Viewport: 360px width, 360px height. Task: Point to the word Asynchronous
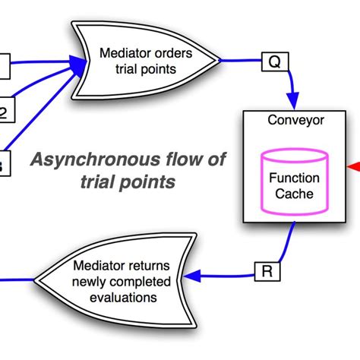(74, 161)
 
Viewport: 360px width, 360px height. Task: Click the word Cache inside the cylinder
(294, 194)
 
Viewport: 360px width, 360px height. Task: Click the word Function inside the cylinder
(294, 179)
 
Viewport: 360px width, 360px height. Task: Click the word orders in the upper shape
(174, 53)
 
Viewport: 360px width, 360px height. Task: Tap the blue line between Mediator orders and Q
(239, 60)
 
